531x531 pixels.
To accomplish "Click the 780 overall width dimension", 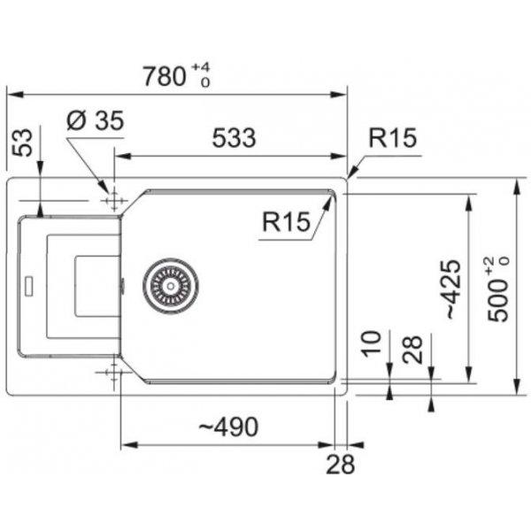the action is pyautogui.click(x=165, y=76).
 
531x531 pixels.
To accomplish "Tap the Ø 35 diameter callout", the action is pyautogui.click(x=96, y=121).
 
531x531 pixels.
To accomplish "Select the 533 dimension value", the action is pyautogui.click(x=234, y=138).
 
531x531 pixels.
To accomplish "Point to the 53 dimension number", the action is pyautogui.click(x=22, y=142).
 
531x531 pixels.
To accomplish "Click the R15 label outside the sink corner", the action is pyautogui.click(x=392, y=138).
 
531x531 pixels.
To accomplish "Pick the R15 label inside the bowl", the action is pyautogui.click(x=286, y=222).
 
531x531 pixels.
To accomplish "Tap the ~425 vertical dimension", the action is pyautogui.click(x=453, y=289).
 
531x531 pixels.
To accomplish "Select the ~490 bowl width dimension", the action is pyautogui.click(x=228, y=427).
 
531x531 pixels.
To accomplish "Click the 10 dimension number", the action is pyautogui.click(x=372, y=343).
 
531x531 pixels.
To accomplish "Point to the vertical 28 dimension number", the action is pyautogui.click(x=412, y=350).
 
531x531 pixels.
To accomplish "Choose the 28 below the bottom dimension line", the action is pyautogui.click(x=341, y=464).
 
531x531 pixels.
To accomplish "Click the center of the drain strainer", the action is pyautogui.click(x=171, y=286).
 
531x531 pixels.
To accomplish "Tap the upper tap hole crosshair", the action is pyautogui.click(x=114, y=201).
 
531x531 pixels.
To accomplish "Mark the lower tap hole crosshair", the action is pyautogui.click(x=114, y=373).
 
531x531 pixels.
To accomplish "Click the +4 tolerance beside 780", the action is pyautogui.click(x=201, y=67).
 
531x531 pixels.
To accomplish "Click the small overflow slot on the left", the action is pyautogui.click(x=29, y=287).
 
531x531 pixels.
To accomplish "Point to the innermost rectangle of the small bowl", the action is pyautogui.click(x=97, y=287).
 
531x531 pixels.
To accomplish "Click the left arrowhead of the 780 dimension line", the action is pyautogui.click(x=15, y=95).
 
